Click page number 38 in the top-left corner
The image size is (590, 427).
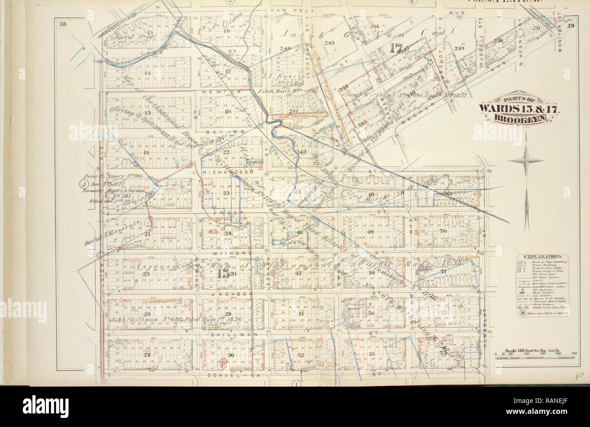[62, 25]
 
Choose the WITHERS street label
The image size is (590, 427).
[235, 253]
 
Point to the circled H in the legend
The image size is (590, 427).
[522, 313]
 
